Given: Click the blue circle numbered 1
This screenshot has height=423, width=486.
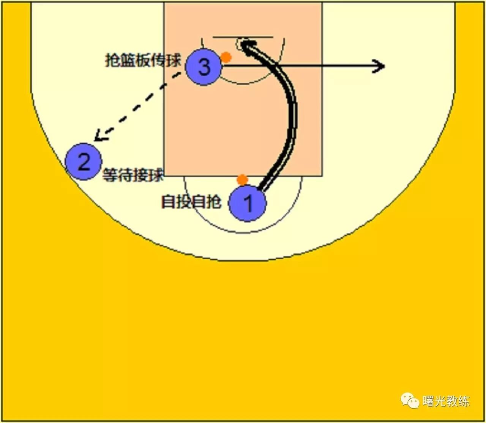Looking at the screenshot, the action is pyautogui.click(x=247, y=203).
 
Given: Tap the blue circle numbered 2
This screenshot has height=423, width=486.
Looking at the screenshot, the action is pyautogui.click(x=84, y=161).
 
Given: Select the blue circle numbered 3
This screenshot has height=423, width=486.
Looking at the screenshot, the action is pyautogui.click(x=204, y=67).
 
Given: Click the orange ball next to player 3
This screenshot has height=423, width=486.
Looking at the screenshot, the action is pyautogui.click(x=226, y=58).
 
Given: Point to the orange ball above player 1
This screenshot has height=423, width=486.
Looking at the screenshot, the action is pyautogui.click(x=242, y=180).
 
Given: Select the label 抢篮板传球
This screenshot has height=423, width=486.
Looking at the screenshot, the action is pyautogui.click(x=143, y=60).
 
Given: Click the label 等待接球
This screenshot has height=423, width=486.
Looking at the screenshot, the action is pyautogui.click(x=133, y=176).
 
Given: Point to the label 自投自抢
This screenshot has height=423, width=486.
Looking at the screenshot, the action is pyautogui.click(x=191, y=202).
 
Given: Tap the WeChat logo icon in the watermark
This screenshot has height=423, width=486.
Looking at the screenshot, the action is pyautogui.click(x=410, y=400).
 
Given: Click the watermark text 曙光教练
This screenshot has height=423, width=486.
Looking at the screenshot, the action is pyautogui.click(x=446, y=401).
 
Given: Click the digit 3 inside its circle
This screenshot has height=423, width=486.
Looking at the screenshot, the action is pyautogui.click(x=204, y=67).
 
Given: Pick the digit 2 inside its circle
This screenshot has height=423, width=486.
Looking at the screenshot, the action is pyautogui.click(x=84, y=161).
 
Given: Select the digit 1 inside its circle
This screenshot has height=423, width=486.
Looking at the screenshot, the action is pyautogui.click(x=248, y=203).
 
